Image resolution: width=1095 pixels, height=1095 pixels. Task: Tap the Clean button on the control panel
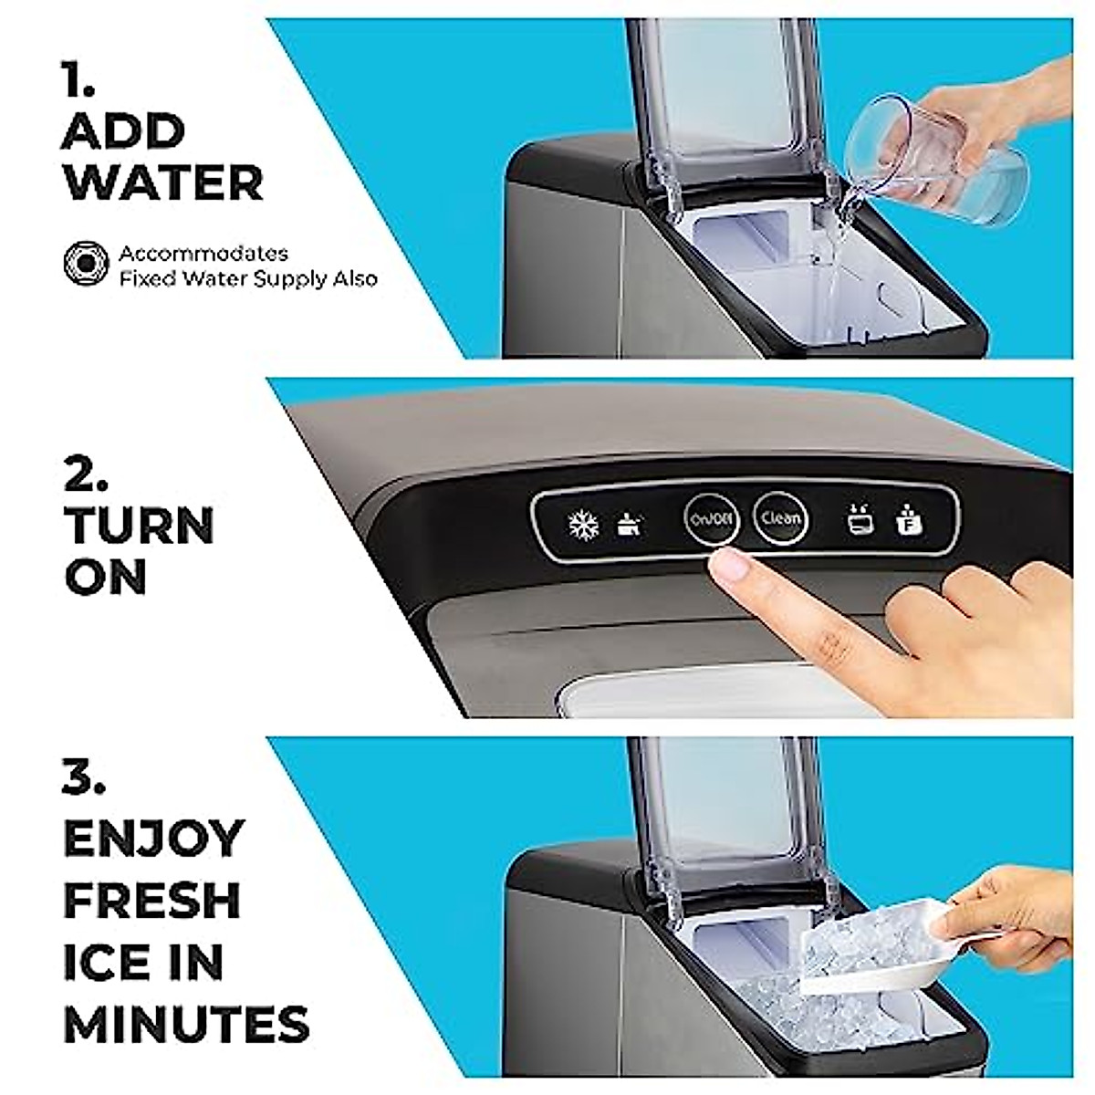tap(780, 519)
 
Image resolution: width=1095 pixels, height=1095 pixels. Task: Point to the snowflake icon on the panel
tap(583, 525)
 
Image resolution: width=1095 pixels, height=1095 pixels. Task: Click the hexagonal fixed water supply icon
tap(87, 265)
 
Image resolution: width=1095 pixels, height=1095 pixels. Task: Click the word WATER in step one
tap(163, 182)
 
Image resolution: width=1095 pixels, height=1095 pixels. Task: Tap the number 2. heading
tap(86, 474)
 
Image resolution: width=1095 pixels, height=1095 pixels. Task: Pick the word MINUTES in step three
tap(187, 1023)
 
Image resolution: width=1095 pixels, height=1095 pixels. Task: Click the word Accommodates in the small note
tap(203, 253)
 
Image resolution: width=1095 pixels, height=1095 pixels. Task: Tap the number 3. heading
tap(85, 777)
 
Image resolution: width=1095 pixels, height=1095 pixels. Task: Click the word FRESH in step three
tap(152, 900)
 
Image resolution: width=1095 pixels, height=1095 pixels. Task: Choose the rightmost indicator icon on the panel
tap(909, 520)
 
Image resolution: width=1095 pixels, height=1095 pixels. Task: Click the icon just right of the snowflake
tap(629, 524)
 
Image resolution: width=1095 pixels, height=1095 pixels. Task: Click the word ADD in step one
tap(123, 132)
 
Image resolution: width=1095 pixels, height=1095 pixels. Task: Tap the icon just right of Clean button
tap(859, 520)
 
